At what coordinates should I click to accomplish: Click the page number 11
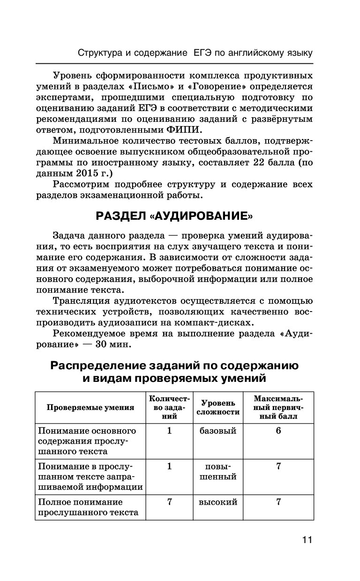click(307, 540)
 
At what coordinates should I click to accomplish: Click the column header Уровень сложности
click(218, 407)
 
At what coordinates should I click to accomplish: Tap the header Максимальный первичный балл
click(278, 407)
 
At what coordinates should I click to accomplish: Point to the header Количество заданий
click(169, 407)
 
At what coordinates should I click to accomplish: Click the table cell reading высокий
click(218, 502)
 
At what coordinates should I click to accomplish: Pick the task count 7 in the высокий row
click(169, 502)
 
